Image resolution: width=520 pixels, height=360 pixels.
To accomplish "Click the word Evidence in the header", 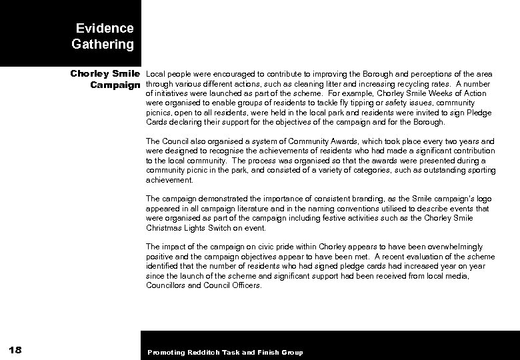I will point(105,28).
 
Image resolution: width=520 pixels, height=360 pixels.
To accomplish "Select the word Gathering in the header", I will point(103,45).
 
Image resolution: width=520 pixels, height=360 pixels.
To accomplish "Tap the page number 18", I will point(17,351).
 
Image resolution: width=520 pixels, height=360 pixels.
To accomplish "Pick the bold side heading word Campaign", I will point(115,85).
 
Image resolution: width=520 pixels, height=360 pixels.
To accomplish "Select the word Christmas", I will point(165,227).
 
